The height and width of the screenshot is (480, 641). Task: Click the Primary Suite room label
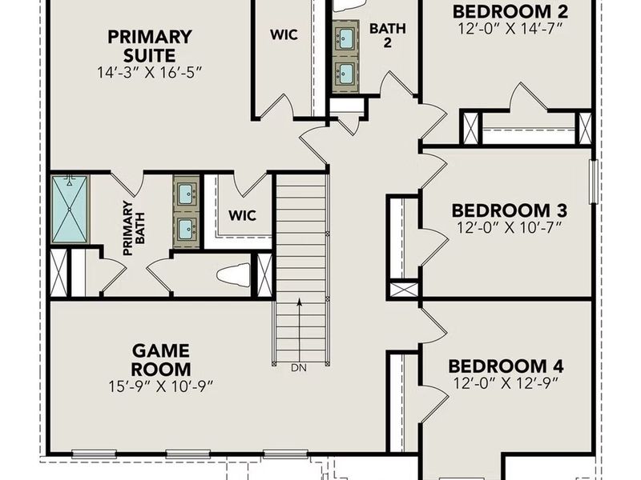point(150,46)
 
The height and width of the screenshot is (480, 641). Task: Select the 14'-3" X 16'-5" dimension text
point(150,73)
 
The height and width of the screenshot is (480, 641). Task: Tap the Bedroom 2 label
point(510,11)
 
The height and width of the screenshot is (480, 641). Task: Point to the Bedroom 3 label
point(510,210)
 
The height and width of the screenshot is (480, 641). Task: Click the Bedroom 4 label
point(506,366)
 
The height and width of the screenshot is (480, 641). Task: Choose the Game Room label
point(161,360)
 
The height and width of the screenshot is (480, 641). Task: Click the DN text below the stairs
point(300,367)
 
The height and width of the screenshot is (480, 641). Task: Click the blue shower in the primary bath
point(70,210)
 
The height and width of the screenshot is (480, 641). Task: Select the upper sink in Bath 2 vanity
point(347,37)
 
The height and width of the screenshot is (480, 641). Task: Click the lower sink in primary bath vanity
point(185,227)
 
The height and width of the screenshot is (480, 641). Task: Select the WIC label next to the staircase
point(242,215)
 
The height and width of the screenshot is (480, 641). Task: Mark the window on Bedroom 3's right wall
point(594,182)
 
